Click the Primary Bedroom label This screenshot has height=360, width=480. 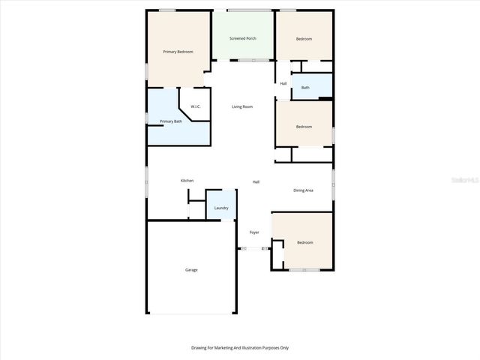[x=178, y=52]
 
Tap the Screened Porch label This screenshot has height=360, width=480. [x=243, y=38]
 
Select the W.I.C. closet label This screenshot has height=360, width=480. [x=195, y=106]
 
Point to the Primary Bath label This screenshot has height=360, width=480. [x=171, y=121]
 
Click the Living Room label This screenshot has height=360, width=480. [x=242, y=106]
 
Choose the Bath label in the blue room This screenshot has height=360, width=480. [x=305, y=88]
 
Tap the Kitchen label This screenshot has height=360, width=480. [x=187, y=181]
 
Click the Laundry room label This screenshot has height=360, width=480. [x=221, y=208]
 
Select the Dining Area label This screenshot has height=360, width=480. [x=303, y=190]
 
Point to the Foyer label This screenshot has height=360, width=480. [x=254, y=232]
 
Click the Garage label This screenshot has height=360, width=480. [x=191, y=269]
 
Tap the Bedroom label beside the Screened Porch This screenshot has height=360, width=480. [x=304, y=39]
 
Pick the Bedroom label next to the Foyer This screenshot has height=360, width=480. [x=304, y=243]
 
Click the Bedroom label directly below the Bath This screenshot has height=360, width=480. [x=304, y=127]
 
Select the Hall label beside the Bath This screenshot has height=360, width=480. [x=283, y=83]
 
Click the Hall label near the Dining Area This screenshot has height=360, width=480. [x=256, y=182]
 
